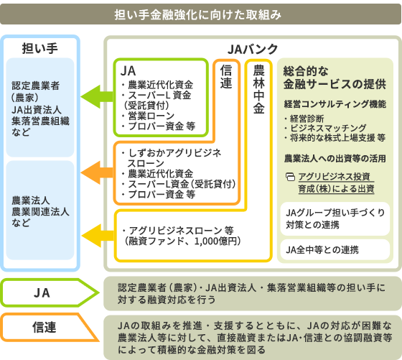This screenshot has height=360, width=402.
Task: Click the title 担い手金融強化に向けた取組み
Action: [197, 14]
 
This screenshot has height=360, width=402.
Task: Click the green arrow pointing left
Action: [97, 97]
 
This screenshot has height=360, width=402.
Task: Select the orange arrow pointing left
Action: [97, 172]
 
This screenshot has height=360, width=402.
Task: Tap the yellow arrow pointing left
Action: [98, 235]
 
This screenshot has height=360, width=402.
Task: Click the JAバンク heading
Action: [253, 49]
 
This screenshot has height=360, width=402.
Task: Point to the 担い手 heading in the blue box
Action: [39, 48]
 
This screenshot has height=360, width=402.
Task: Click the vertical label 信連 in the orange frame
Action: [226, 76]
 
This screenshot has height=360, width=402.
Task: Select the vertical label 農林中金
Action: [258, 89]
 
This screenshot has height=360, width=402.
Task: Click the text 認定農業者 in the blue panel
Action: [35, 86]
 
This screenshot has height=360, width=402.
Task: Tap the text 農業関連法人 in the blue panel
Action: [40, 212]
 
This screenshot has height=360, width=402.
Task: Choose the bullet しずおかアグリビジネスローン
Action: [172, 158]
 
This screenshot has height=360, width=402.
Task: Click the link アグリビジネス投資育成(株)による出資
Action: [336, 183]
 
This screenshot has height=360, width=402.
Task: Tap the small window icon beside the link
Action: [290, 177]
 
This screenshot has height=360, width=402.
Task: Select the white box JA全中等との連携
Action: [335, 249]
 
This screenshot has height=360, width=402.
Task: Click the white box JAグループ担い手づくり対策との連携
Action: [335, 218]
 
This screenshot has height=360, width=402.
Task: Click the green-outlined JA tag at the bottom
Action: [50, 292]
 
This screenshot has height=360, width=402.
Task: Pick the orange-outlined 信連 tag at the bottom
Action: [50, 328]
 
